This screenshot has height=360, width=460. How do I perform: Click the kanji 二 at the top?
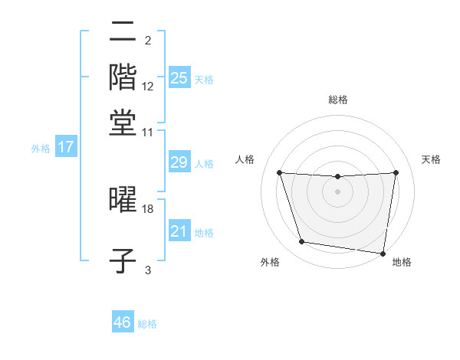(x=123, y=31)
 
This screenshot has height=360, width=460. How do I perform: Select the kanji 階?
(x=123, y=77)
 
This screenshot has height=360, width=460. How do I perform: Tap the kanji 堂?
(x=123, y=122)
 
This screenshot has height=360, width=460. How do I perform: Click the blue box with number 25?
(x=179, y=77)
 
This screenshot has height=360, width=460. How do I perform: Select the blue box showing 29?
(x=179, y=162)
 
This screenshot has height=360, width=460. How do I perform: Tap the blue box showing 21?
(x=179, y=231)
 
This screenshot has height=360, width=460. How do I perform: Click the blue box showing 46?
(x=123, y=322)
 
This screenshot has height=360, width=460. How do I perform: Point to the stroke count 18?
(x=148, y=208)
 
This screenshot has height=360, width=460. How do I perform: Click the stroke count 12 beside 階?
(x=148, y=87)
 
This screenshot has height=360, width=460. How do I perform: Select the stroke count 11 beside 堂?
(x=148, y=132)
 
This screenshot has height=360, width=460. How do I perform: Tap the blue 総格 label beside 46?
(x=147, y=324)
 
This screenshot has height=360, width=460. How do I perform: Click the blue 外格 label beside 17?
(x=41, y=149)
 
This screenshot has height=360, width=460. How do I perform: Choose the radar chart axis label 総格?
(x=338, y=100)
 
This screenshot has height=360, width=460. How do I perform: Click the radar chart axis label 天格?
(x=432, y=159)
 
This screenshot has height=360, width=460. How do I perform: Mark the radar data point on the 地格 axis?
(x=383, y=253)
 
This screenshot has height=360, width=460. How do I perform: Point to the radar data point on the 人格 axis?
(x=279, y=172)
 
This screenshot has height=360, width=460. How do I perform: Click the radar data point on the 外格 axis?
(x=301, y=242)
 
